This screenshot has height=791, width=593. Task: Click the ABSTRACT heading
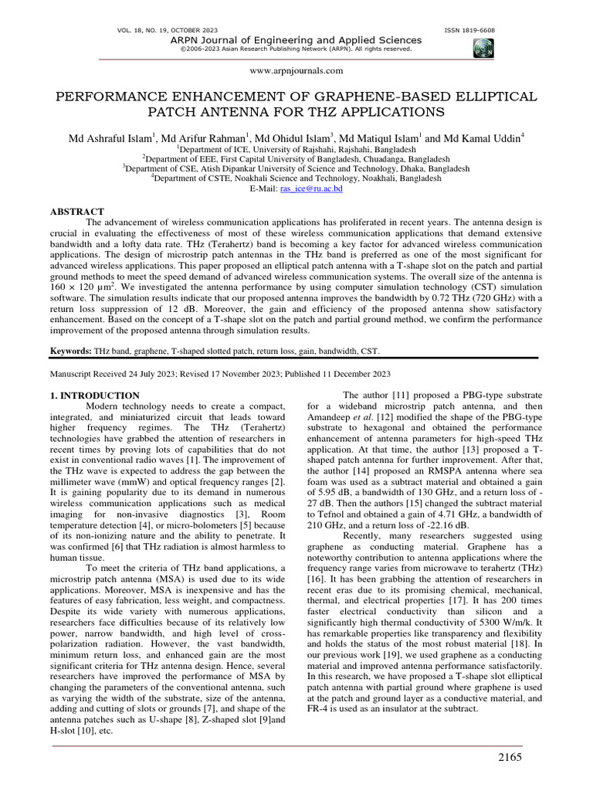tap(76, 211)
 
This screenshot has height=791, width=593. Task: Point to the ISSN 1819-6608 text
tap(470, 29)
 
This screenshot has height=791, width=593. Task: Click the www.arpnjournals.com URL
tap(296, 70)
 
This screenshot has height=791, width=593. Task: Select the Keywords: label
tap(71, 350)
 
